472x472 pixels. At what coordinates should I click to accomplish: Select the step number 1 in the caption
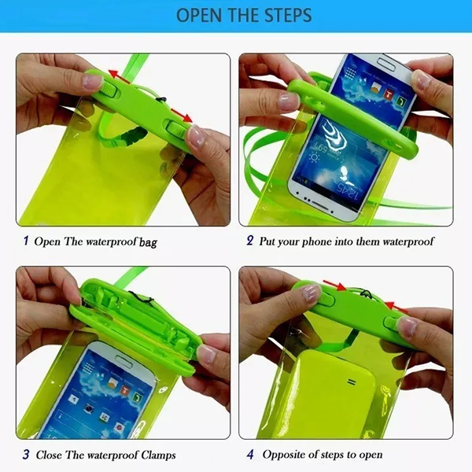[x=25, y=241]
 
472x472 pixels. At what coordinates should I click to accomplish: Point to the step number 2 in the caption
[x=249, y=241]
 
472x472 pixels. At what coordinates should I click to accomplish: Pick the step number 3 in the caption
[x=25, y=454]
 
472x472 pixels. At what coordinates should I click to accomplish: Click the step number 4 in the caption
[x=250, y=454]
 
